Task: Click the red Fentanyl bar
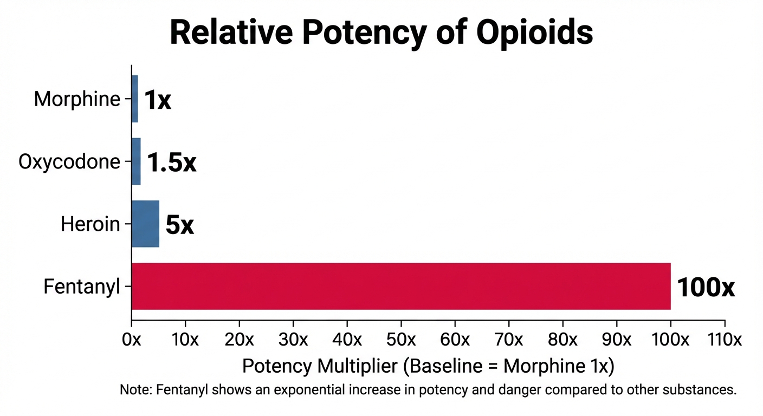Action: click(x=401, y=286)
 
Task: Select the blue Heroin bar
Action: click(x=145, y=224)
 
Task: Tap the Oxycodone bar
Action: click(x=136, y=161)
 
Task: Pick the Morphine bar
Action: click(x=135, y=99)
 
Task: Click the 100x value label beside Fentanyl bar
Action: click(x=706, y=288)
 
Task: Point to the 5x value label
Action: click(x=179, y=225)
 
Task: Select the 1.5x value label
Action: click(x=171, y=162)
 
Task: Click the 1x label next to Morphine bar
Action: click(x=157, y=100)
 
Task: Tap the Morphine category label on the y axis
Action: click(x=76, y=99)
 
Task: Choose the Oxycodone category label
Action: click(x=69, y=161)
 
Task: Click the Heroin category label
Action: click(x=90, y=224)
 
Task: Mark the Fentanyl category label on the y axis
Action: click(x=81, y=287)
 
